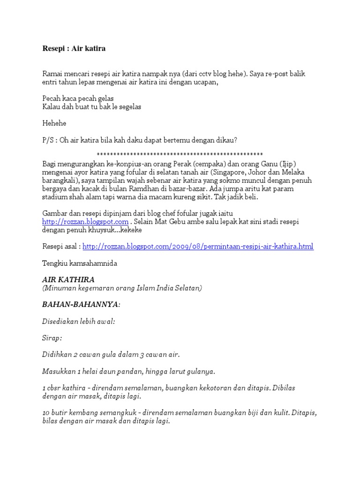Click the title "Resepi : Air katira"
coord(74,48)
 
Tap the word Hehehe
coord(54,123)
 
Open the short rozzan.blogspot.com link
coord(85,221)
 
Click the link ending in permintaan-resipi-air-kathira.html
coord(198,246)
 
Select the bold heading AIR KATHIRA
coord(68,279)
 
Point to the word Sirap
coord(52,337)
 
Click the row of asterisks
coord(180,155)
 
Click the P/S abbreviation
coord(49,140)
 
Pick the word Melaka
coord(295,172)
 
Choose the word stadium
coord(56,197)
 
